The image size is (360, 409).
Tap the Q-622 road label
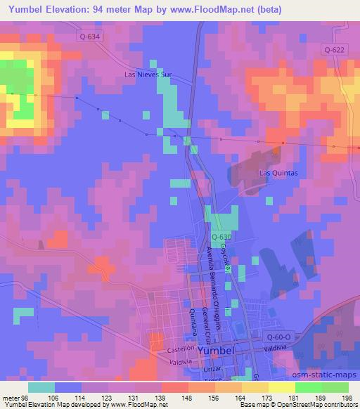tap(335, 48)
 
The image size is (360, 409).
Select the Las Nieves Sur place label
tap(148, 74)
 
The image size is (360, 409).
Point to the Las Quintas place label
tap(279, 172)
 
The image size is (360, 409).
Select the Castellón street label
tap(181, 349)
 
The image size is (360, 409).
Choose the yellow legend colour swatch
tap(281, 387)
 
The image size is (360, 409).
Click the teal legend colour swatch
tap(41, 387)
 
